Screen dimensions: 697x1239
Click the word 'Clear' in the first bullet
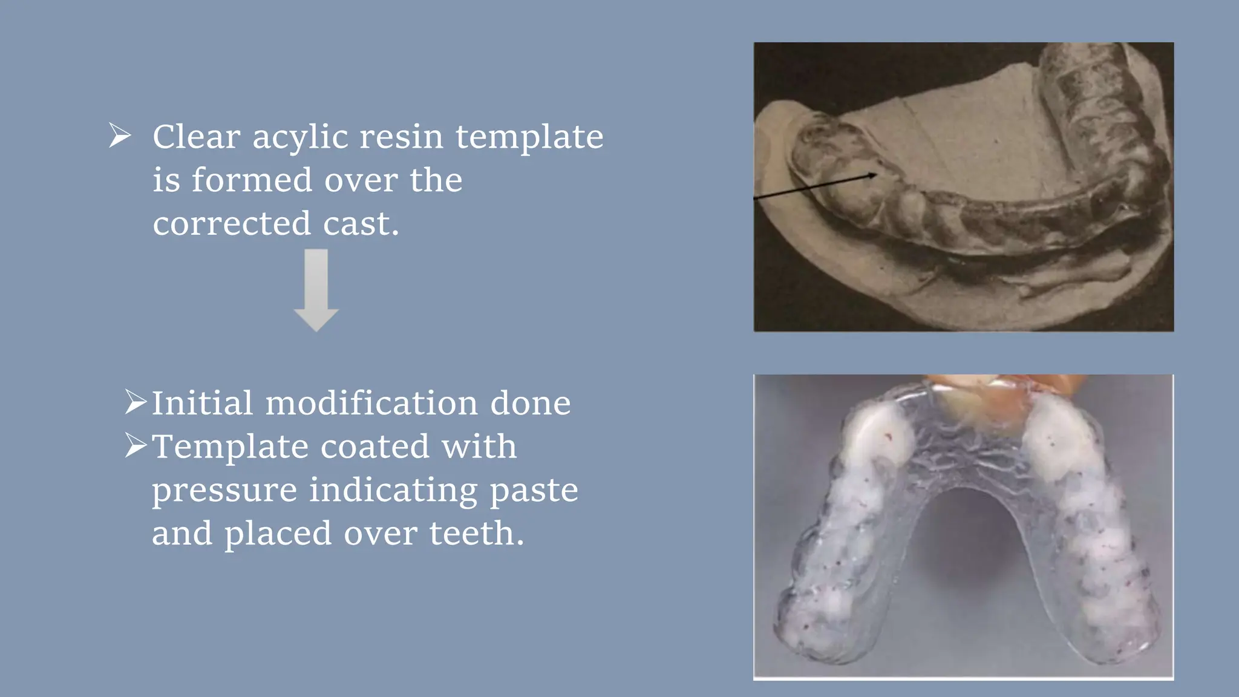[x=196, y=137]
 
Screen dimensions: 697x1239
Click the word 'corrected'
[x=232, y=223]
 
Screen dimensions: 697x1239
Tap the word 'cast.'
[x=361, y=223]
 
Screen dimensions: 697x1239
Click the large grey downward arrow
[x=316, y=290]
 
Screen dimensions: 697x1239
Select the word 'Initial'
[x=202, y=403]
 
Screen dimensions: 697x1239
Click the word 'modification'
[x=371, y=403]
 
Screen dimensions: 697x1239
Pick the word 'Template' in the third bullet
[x=230, y=447]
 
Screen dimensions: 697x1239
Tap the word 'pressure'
[x=224, y=491]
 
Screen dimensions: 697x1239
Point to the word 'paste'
[x=534, y=491]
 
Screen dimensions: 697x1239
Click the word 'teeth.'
[x=477, y=534]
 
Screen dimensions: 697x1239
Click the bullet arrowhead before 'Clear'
[x=120, y=136]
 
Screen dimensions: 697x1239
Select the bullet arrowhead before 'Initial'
[x=136, y=402]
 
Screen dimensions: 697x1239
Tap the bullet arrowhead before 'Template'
[x=136, y=446]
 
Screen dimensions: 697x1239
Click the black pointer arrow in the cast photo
[x=817, y=186]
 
